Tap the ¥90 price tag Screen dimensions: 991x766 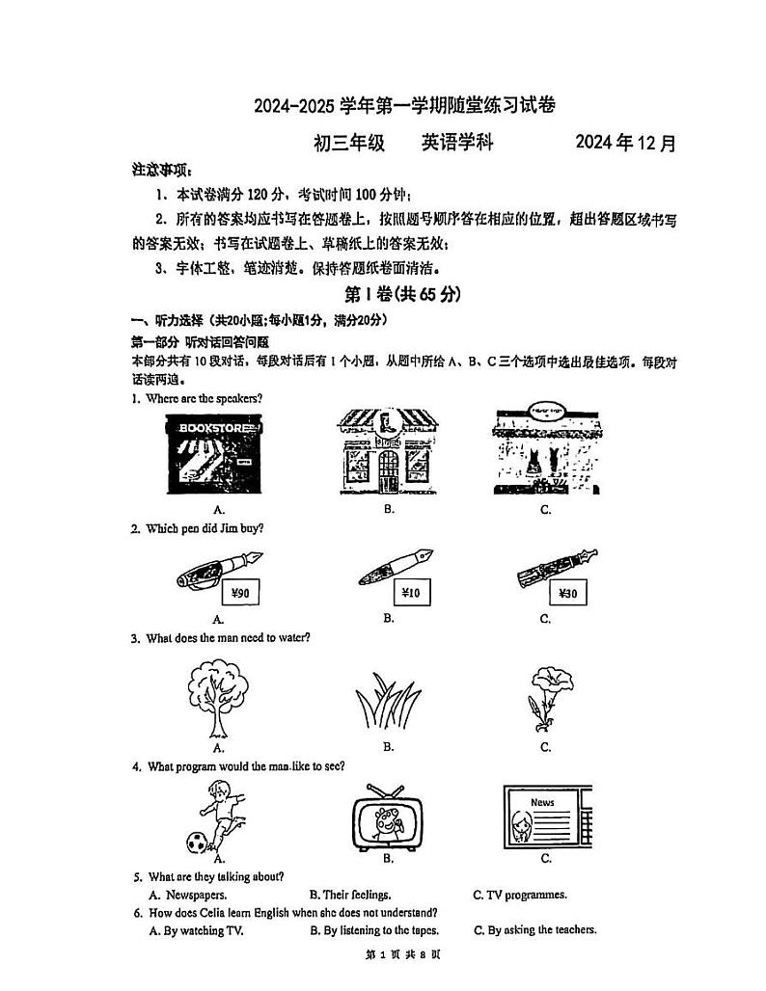pos(241,593)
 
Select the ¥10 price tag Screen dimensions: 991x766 pos(411,592)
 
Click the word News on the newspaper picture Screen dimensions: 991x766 pos(542,802)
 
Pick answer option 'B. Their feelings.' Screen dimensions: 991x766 pos(349,895)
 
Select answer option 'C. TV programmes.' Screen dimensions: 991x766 pos(519,895)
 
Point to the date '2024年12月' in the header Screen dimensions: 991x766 pos(626,143)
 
